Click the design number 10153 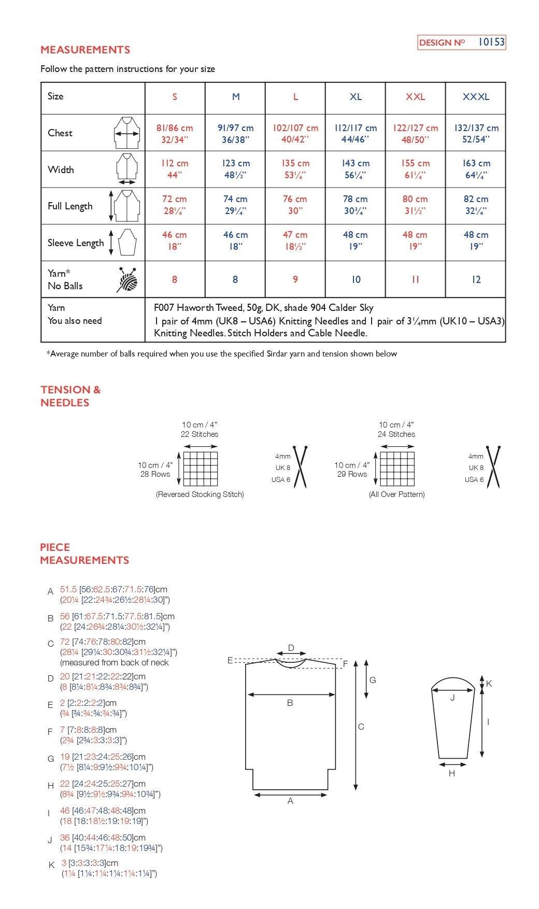click(x=491, y=42)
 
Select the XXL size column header click(x=415, y=97)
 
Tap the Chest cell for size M click(x=235, y=133)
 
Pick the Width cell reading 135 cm click(x=295, y=169)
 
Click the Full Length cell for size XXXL click(x=476, y=205)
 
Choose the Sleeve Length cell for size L click(x=295, y=241)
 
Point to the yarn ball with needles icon click(x=128, y=280)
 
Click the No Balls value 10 click(x=356, y=280)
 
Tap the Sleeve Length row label click(x=76, y=243)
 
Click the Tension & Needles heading click(x=70, y=396)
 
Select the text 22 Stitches click(x=200, y=434)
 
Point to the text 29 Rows click(x=352, y=474)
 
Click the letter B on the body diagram click(x=290, y=703)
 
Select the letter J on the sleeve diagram click(x=452, y=698)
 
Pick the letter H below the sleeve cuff click(x=451, y=773)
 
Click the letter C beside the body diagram click(x=361, y=727)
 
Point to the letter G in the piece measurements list click(x=51, y=759)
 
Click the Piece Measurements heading click(x=84, y=553)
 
